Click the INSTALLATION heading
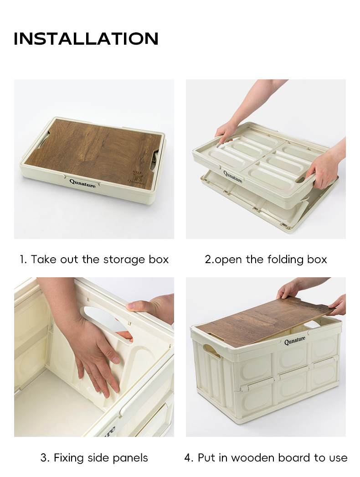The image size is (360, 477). pos(86,39)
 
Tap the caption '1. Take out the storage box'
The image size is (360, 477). pos(94,259)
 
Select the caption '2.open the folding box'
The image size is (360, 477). pos(266,259)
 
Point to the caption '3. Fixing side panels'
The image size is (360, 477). pos(94,457)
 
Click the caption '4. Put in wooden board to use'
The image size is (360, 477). pos(266,457)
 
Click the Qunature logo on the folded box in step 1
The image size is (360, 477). pos(82,183)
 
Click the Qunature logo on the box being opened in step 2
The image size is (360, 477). pos(233,176)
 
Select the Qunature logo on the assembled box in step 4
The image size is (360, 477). pos(295,340)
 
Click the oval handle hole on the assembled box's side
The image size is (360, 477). pos(212,351)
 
